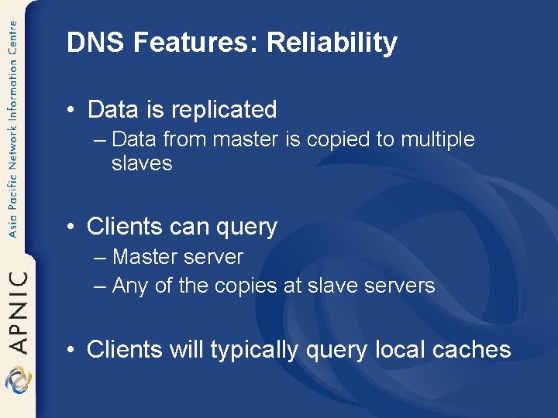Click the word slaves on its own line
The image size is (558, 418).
coord(142,163)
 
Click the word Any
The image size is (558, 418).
coord(129,286)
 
